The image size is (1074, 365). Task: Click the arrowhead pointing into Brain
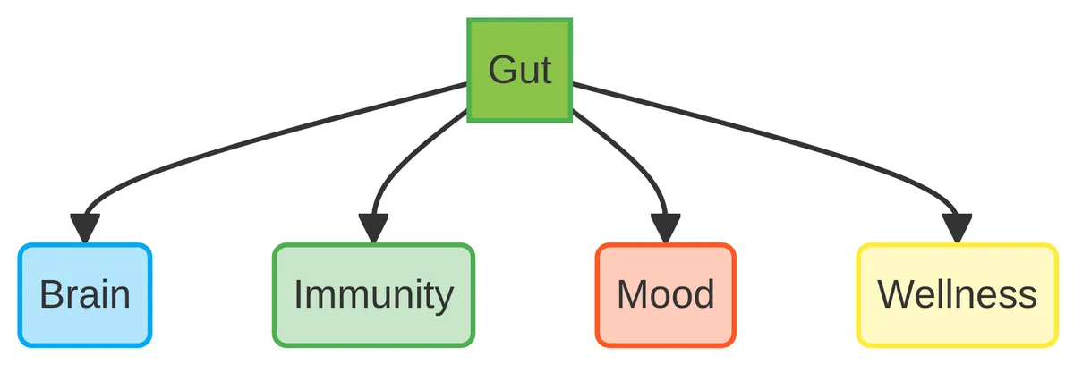tap(85, 229)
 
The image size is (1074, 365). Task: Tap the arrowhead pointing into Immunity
tap(373, 229)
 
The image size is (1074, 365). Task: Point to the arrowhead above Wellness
tap(957, 229)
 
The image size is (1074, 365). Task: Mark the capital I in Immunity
tap(299, 294)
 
